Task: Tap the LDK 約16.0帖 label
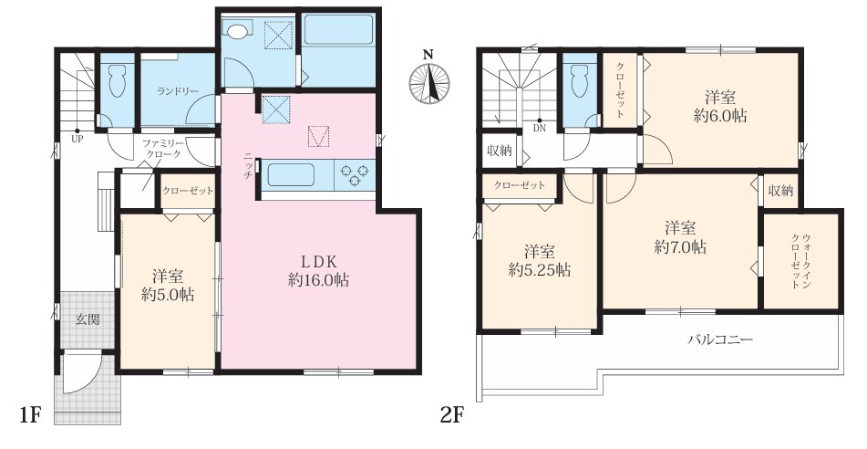(318, 271)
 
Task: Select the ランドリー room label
(178, 91)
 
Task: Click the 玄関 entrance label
(88, 319)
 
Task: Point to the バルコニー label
(720, 339)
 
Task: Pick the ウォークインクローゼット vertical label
(800, 260)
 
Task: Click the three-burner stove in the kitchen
(355, 175)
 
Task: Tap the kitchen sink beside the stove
(292, 175)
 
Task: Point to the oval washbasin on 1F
(237, 32)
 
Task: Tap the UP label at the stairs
(77, 140)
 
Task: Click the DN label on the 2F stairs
(540, 128)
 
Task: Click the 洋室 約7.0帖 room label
(680, 237)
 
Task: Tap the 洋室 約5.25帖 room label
(540, 261)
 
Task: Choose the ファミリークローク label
(161, 149)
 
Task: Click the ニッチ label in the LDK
(247, 165)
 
